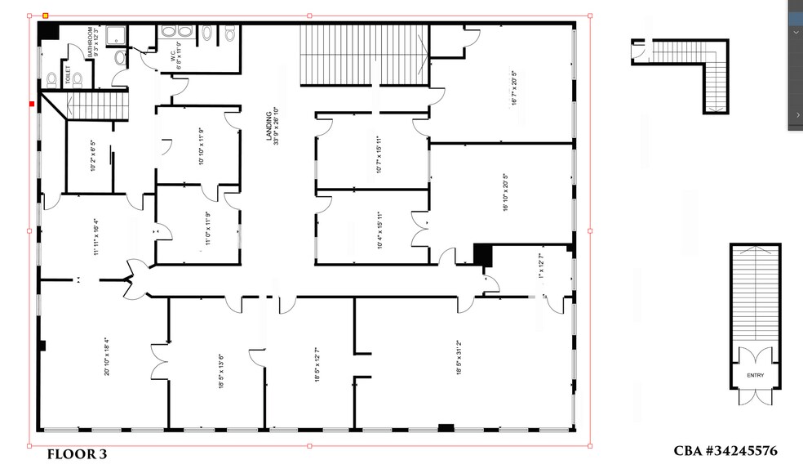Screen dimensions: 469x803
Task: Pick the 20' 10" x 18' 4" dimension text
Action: click(107, 356)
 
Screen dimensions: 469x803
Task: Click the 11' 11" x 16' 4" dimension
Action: click(96, 237)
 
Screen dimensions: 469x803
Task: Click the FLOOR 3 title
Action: click(77, 454)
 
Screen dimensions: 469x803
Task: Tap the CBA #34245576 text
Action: click(725, 452)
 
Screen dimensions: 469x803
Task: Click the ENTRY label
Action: click(755, 375)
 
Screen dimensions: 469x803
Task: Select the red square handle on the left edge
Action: click(32, 104)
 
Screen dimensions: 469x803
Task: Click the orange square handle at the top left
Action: click(46, 16)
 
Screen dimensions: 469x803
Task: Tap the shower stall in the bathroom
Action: click(120, 34)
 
